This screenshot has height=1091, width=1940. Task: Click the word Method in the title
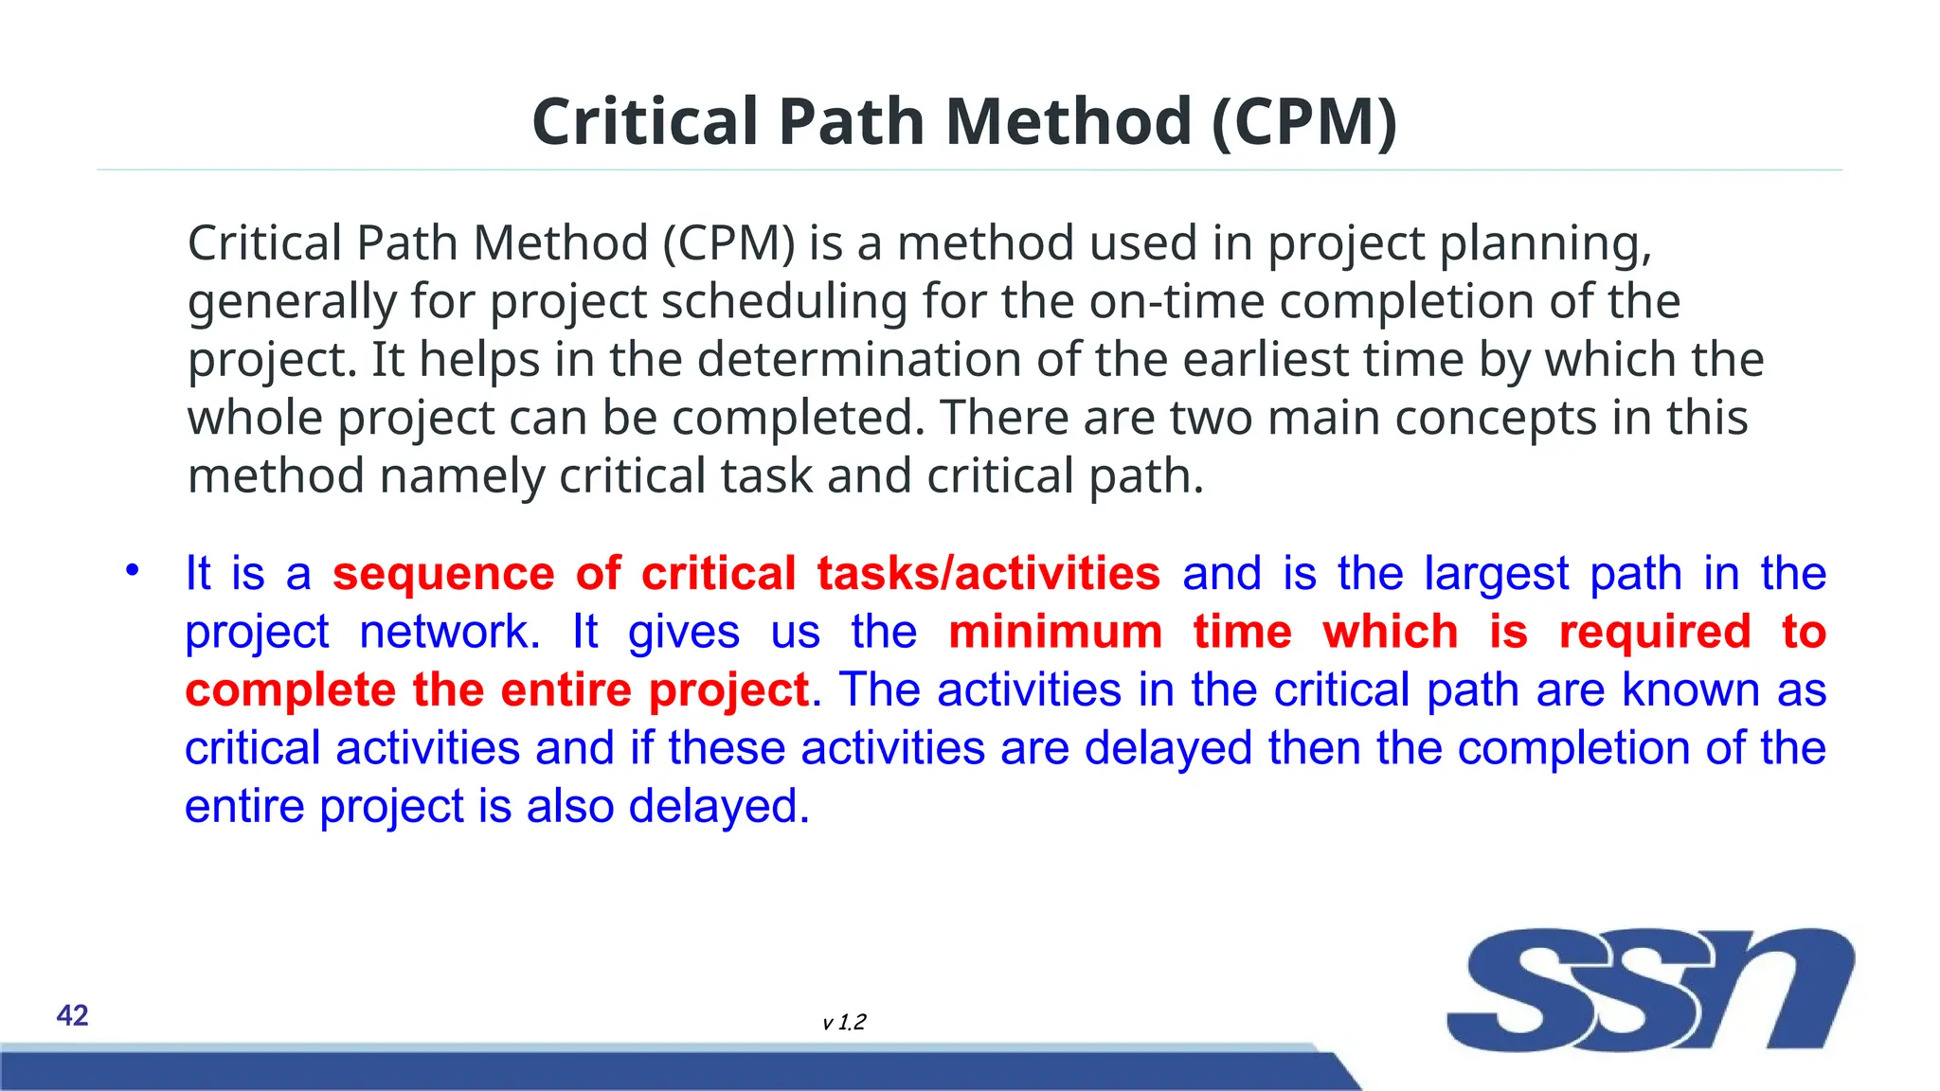pyautogui.click(x=1068, y=122)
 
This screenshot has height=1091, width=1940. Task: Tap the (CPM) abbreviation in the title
pyautogui.click(x=1304, y=122)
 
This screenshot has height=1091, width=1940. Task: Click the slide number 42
pyautogui.click(x=72, y=1015)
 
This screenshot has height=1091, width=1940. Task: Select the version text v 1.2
pyautogui.click(x=844, y=1022)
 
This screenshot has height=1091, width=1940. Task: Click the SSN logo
pyautogui.click(x=1649, y=989)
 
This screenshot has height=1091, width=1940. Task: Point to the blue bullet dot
pyautogui.click(x=133, y=569)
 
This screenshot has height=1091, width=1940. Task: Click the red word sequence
pyautogui.click(x=442, y=574)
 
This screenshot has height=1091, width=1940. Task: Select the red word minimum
pyautogui.click(x=1055, y=632)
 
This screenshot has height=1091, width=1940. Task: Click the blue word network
pyautogui.click(x=449, y=632)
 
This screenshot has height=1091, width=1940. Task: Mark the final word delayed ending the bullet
pyautogui.click(x=718, y=806)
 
